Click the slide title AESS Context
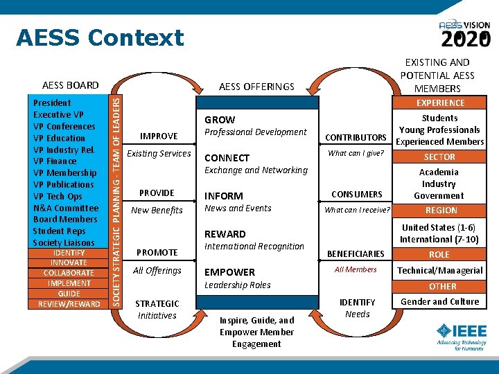tap(100, 37)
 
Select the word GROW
tap(220, 120)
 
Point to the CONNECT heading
tap(227, 158)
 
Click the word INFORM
tap(223, 196)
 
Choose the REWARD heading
tap(225, 234)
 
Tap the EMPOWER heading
tap(229, 272)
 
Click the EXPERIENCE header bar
tap(440, 103)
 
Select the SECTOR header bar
tap(439, 157)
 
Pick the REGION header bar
tap(441, 210)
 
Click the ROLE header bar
tap(439, 254)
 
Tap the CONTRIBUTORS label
tap(356, 138)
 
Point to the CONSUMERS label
tap(356, 195)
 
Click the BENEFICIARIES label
tap(356, 254)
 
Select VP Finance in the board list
tap(55, 161)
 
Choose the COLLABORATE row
tap(69, 273)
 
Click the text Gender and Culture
tap(439, 301)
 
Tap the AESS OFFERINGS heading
tap(256, 87)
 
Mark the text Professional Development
tap(255, 132)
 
